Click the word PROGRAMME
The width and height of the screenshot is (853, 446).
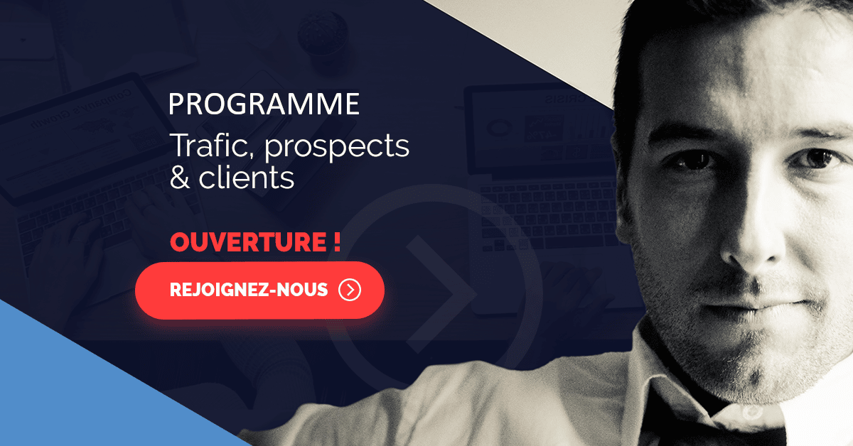click(264, 104)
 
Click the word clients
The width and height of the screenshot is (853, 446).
click(247, 177)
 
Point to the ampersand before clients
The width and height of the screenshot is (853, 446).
click(179, 178)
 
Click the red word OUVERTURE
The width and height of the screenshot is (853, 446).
click(248, 242)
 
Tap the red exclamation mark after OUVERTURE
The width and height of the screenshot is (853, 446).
click(337, 241)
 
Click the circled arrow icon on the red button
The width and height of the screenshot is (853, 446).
click(350, 290)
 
